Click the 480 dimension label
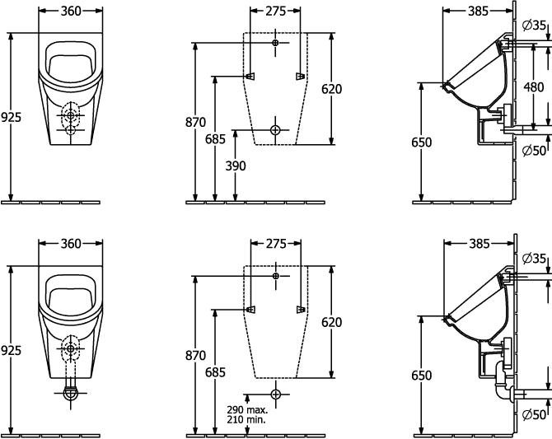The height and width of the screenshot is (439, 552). point(533,87)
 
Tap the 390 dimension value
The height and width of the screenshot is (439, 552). point(236,166)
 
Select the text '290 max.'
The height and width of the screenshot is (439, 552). point(247,410)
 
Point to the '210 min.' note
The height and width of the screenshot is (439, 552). point(246,419)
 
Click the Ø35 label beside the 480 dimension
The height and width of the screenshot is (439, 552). point(534,26)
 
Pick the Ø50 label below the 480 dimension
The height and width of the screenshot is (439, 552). point(534,151)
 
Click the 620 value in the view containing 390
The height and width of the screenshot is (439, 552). point(332,89)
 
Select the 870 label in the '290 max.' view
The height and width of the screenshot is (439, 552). point(196,356)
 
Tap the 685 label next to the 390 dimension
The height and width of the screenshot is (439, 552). point(215,139)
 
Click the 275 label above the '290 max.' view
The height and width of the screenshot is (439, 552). point(276,244)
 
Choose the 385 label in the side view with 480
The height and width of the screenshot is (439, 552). point(479,12)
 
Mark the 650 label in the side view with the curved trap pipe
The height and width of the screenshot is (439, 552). point(421,376)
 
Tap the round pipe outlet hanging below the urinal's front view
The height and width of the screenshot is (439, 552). point(71,393)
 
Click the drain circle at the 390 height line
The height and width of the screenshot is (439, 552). point(275,130)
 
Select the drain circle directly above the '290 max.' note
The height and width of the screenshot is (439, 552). point(276,394)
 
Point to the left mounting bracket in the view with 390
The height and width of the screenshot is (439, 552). point(250,76)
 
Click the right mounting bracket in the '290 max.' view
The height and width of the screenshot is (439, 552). point(301,310)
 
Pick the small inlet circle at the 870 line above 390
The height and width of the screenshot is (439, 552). point(275,43)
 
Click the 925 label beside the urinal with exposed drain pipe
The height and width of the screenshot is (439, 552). point(11,351)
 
